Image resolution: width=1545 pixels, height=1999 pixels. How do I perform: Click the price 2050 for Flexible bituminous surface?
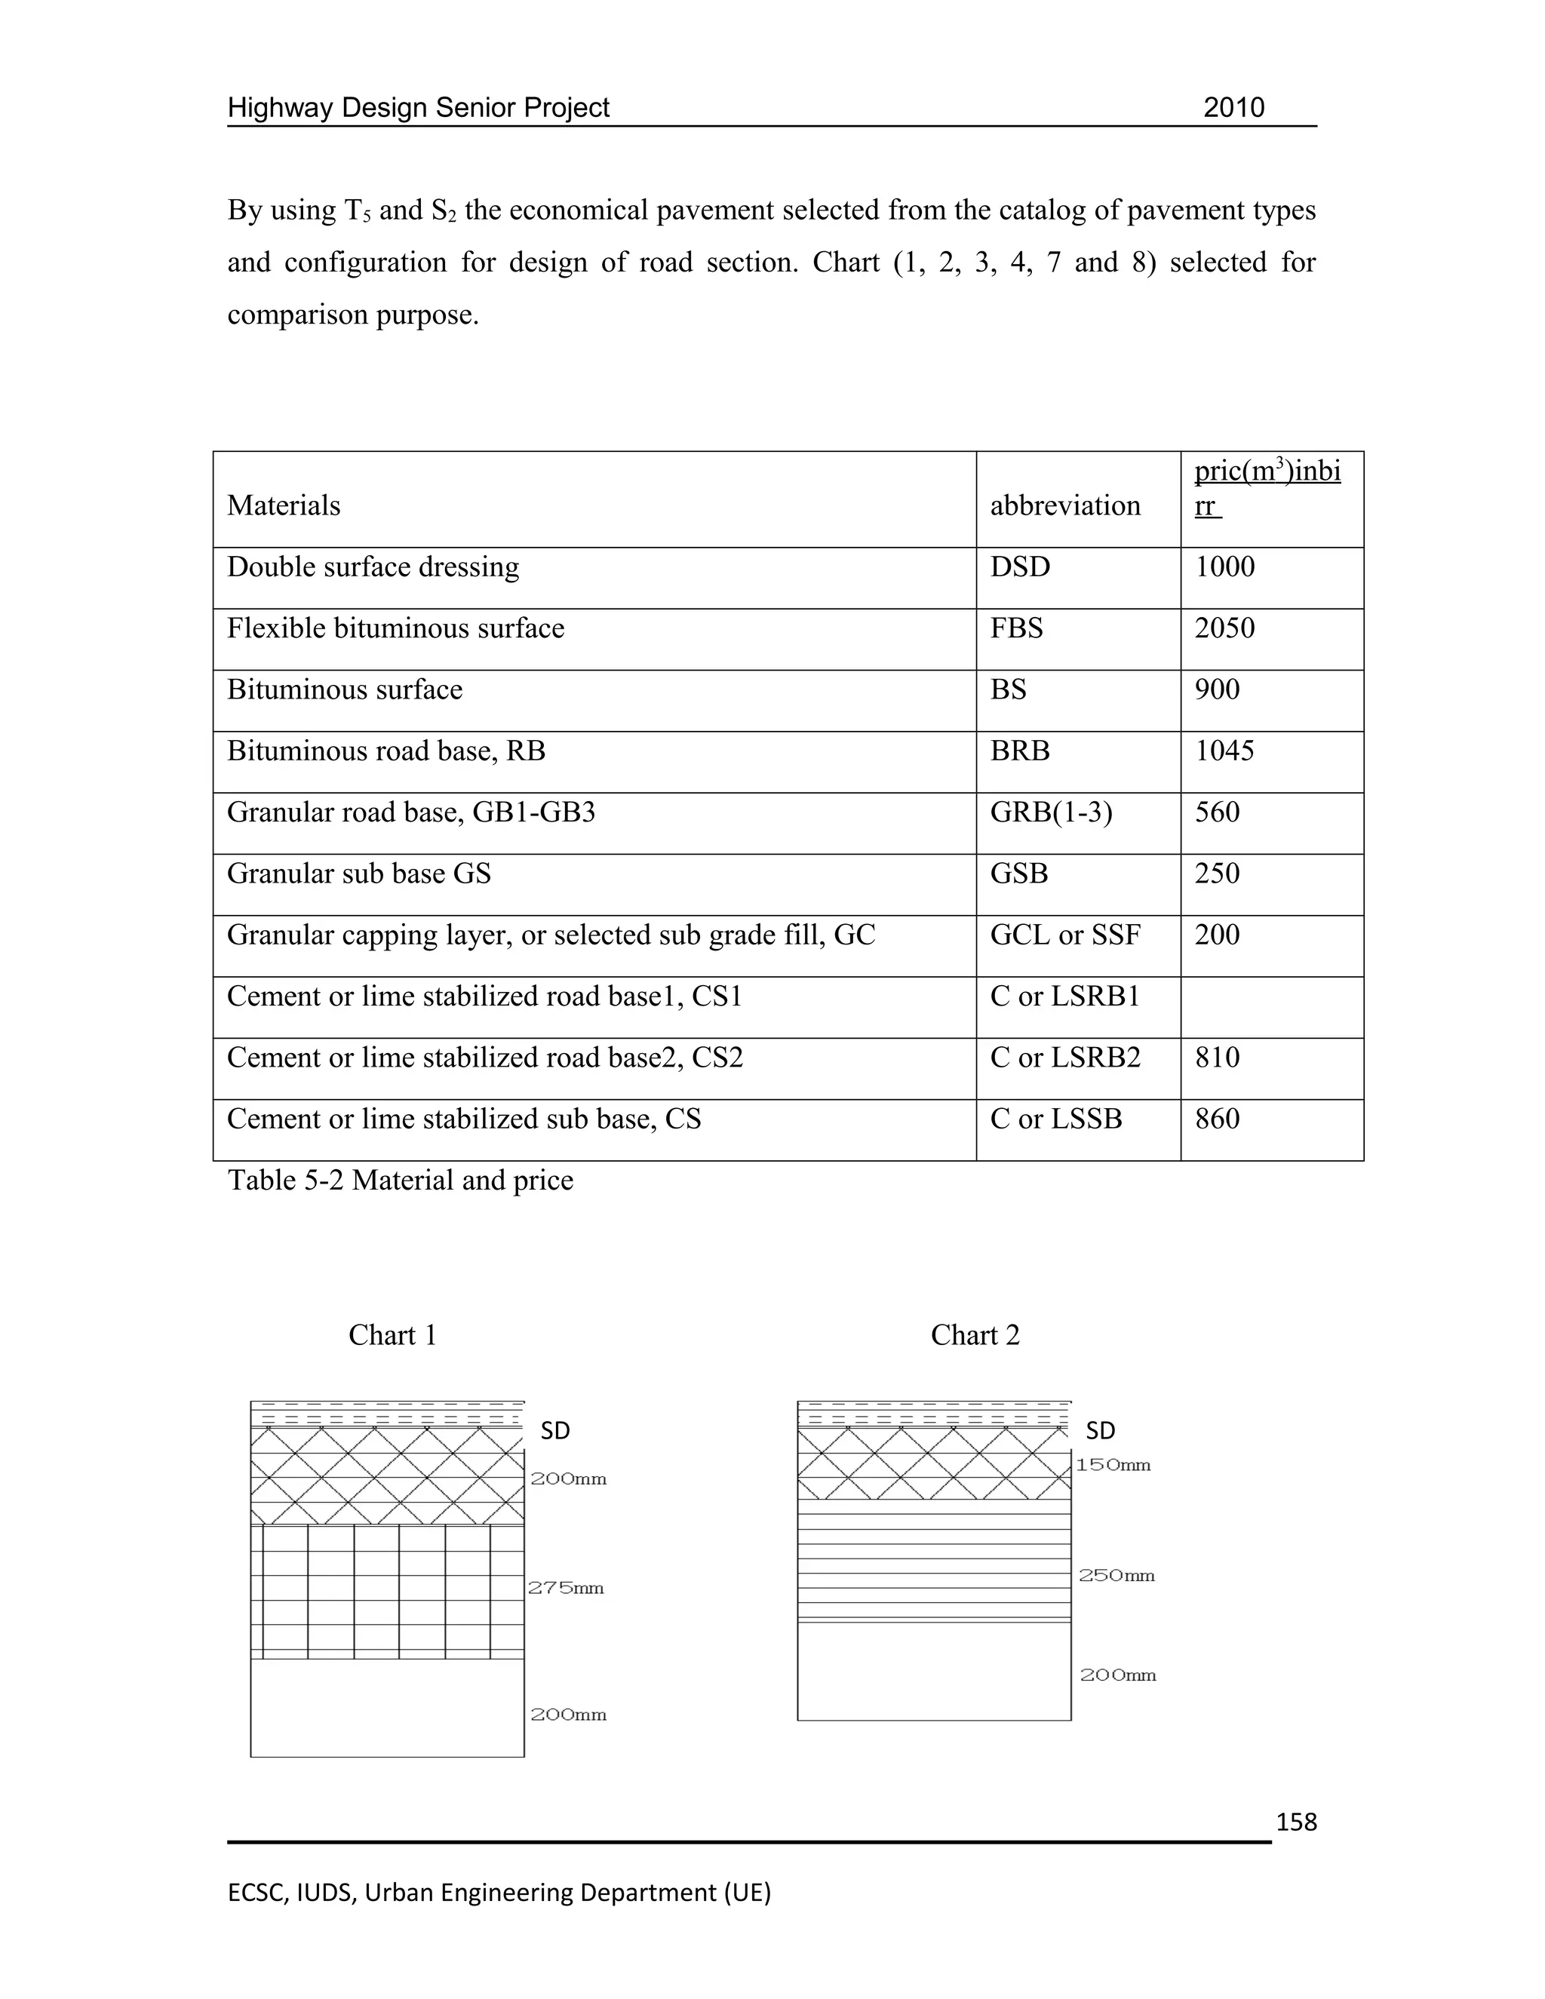click(x=1224, y=629)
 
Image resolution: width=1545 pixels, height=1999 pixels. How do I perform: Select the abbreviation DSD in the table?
click(x=1020, y=567)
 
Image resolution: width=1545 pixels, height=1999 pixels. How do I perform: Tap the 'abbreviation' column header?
click(x=1064, y=505)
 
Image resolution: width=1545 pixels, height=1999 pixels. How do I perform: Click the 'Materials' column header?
click(x=284, y=505)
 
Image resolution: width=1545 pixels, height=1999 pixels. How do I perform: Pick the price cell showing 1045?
click(x=1224, y=751)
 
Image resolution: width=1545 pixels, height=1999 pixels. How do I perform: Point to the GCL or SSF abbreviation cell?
click(x=1064, y=935)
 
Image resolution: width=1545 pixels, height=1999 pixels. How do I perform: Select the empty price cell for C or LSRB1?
click(x=1271, y=1007)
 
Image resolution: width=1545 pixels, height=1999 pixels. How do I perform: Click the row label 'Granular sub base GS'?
click(x=359, y=874)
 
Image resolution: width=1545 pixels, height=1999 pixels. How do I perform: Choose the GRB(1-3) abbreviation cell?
click(x=1051, y=812)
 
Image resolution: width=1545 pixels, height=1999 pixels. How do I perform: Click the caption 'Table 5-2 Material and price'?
click(x=400, y=1181)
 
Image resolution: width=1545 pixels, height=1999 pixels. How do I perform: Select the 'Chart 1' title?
click(x=392, y=1335)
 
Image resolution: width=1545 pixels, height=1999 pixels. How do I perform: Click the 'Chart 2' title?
click(x=975, y=1335)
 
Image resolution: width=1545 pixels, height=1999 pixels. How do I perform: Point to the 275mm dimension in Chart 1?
click(x=566, y=1588)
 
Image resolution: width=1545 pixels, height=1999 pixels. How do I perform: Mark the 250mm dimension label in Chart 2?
click(x=1116, y=1576)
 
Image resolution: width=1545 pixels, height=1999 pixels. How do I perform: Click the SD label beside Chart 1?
click(x=554, y=1430)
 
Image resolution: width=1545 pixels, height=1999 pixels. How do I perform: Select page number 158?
click(x=1296, y=1822)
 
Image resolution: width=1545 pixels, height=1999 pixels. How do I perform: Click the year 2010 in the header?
click(x=1233, y=108)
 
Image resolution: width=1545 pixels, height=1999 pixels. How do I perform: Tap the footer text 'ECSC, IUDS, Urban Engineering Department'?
click(x=499, y=1892)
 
